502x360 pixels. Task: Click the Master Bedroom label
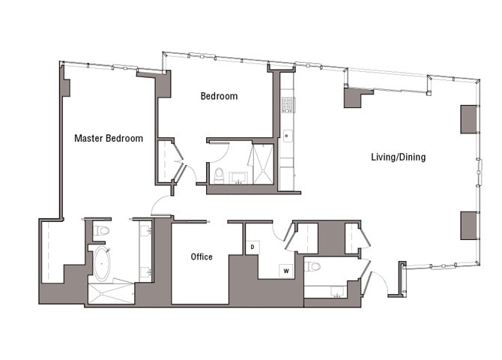tap(108, 138)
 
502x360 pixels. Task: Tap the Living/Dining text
tap(398, 157)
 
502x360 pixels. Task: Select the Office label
tap(202, 256)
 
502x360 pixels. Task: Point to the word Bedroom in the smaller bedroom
tap(219, 96)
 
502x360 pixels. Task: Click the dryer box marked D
tap(252, 246)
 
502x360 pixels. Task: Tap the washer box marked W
tap(285, 270)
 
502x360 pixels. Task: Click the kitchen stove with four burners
tap(287, 104)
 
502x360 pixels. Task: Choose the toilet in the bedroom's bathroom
tap(219, 175)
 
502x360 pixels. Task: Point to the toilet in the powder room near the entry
tap(313, 267)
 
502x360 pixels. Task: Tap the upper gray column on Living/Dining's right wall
tap(468, 118)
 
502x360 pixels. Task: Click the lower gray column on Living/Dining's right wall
tap(468, 224)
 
